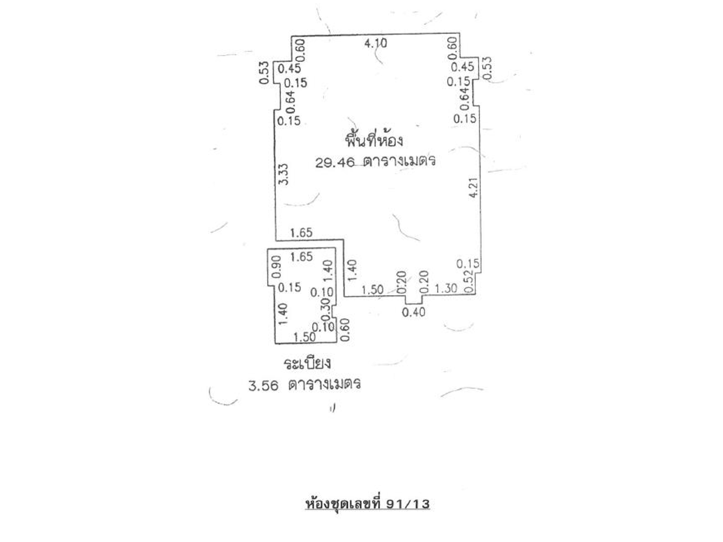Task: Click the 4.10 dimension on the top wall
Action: click(376, 43)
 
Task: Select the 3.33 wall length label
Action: click(283, 174)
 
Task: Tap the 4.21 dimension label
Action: click(473, 187)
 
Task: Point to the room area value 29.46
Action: click(334, 162)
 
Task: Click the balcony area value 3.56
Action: click(263, 386)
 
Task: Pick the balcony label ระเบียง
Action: click(307, 364)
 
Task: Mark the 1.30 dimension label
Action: click(446, 289)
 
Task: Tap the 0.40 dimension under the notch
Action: click(413, 312)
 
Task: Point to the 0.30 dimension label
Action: click(325, 309)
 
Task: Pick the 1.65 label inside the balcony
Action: click(301, 256)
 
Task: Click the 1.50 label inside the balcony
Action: click(304, 337)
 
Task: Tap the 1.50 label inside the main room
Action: click(373, 290)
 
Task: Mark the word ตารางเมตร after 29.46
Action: click(399, 161)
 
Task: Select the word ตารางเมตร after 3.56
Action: click(324, 384)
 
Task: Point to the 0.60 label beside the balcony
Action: click(344, 329)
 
